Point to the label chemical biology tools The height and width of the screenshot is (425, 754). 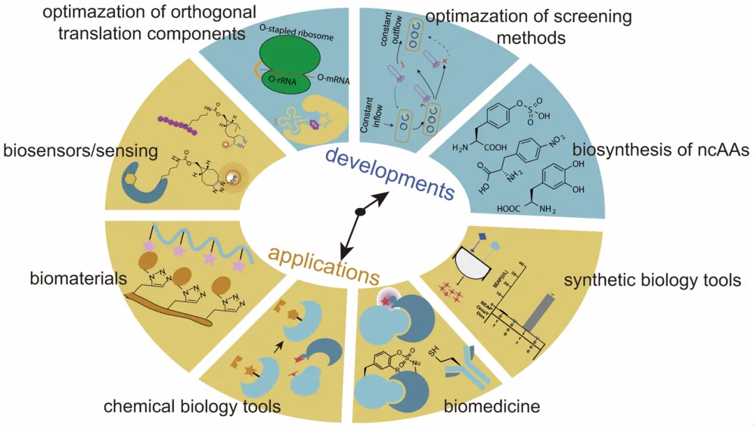[192, 406]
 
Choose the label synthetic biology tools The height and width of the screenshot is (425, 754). [652, 281]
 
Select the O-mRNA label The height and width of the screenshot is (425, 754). [334, 79]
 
